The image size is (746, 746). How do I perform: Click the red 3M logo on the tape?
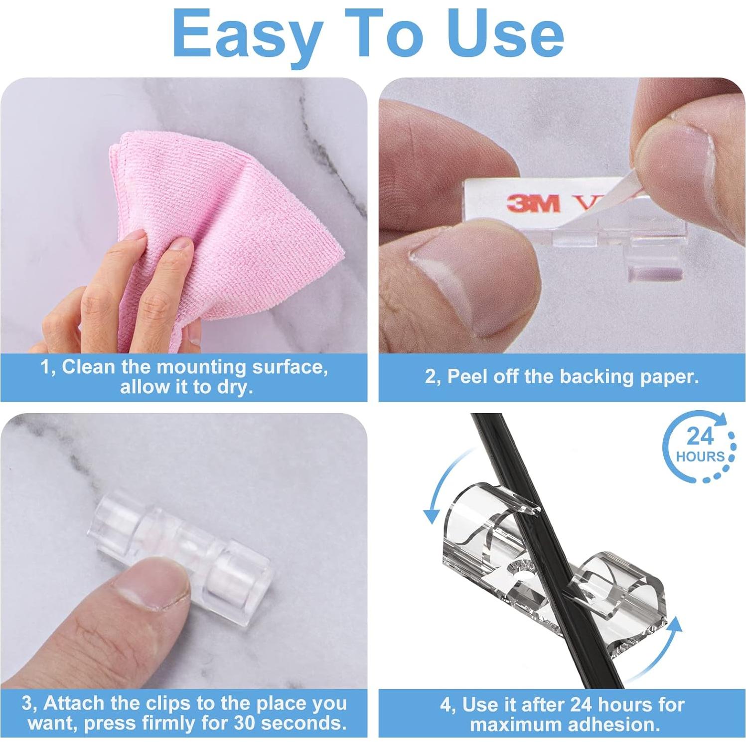[533, 203]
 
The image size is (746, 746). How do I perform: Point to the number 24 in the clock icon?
[700, 437]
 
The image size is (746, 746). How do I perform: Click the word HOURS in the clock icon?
[700, 456]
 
